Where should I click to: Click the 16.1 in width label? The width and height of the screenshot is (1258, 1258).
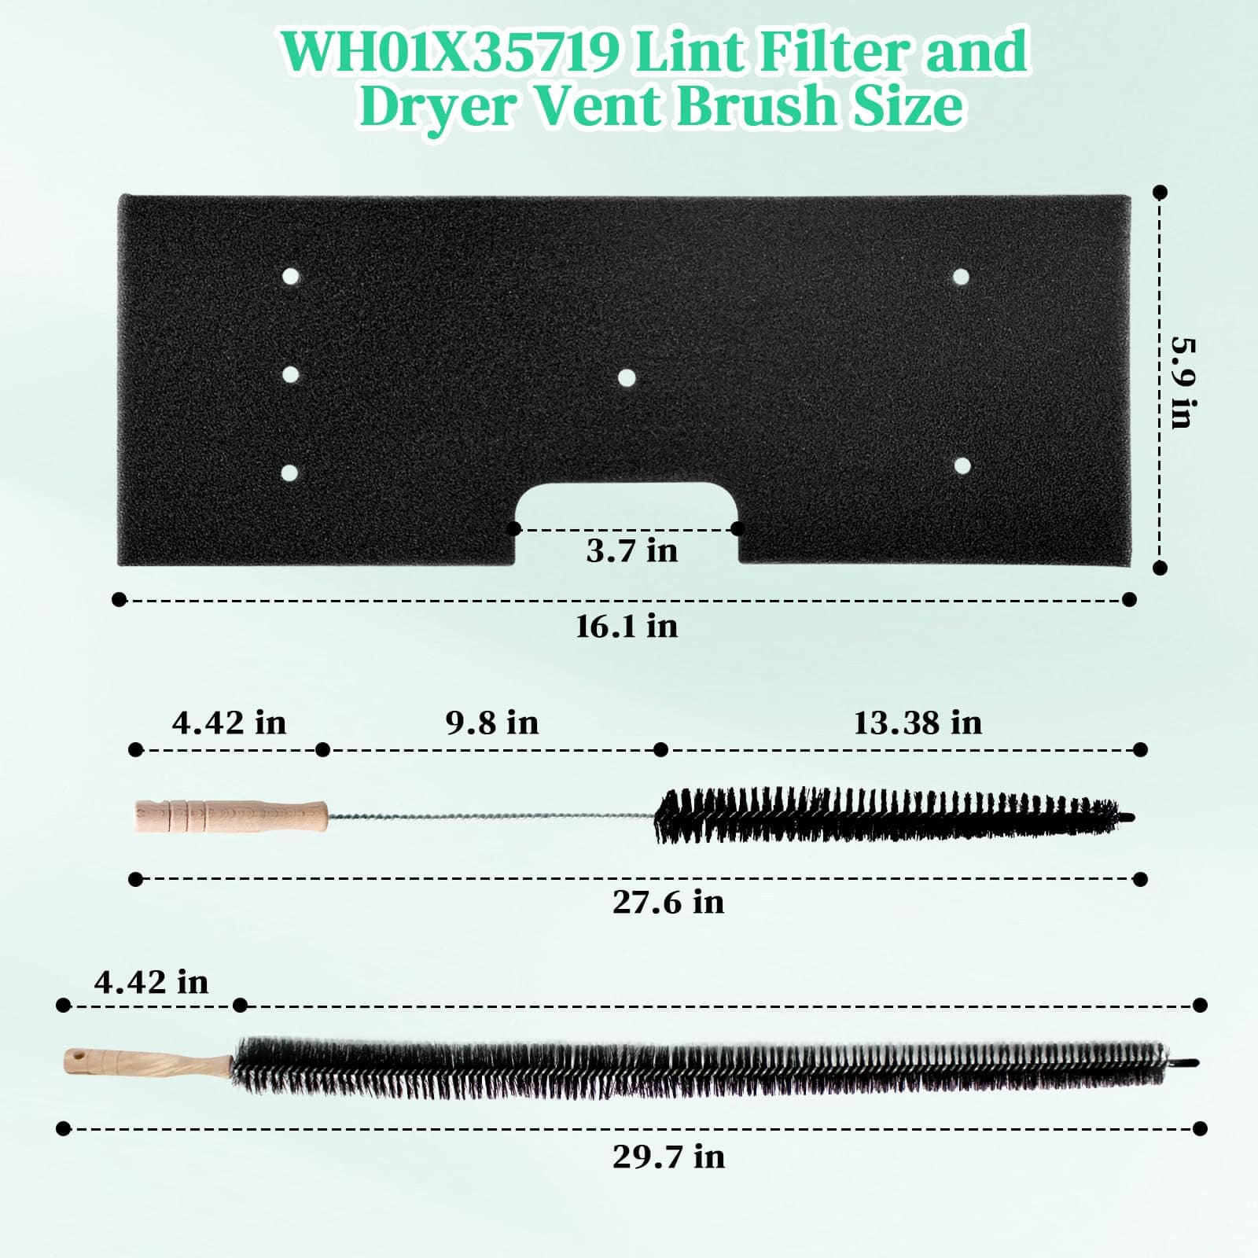pos(627,627)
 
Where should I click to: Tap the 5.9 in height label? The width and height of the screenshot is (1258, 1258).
pos(1183,382)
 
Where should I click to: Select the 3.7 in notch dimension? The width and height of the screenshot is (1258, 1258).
pos(632,551)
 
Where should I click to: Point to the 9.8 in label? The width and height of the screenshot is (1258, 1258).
pos(492,723)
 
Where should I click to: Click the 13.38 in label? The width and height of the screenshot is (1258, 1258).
pos(918,723)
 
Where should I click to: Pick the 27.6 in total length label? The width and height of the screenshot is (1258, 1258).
pos(668,902)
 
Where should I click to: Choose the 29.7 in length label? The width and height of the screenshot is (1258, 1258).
pos(668,1157)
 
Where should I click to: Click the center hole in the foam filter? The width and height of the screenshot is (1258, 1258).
pos(627,378)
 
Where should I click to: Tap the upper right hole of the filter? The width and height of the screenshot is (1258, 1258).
pos(961,276)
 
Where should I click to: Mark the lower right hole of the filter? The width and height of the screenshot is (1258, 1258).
pos(962,465)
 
